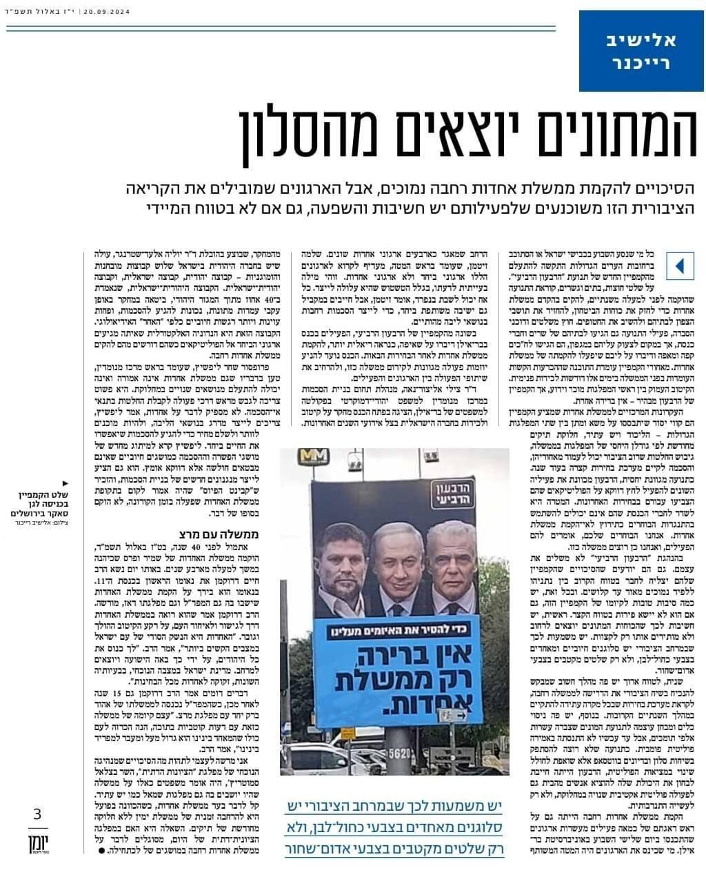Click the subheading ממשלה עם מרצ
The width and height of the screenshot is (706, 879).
pos(217,534)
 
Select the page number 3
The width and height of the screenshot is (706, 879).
pos(37,814)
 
